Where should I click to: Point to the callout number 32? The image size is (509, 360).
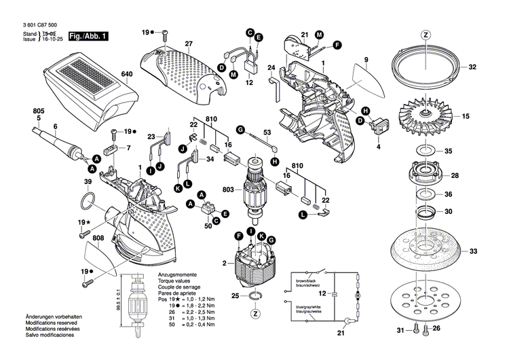473,67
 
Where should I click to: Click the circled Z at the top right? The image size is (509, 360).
426,35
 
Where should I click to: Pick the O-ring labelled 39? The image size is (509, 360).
87,201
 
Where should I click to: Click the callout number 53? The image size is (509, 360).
267,132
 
